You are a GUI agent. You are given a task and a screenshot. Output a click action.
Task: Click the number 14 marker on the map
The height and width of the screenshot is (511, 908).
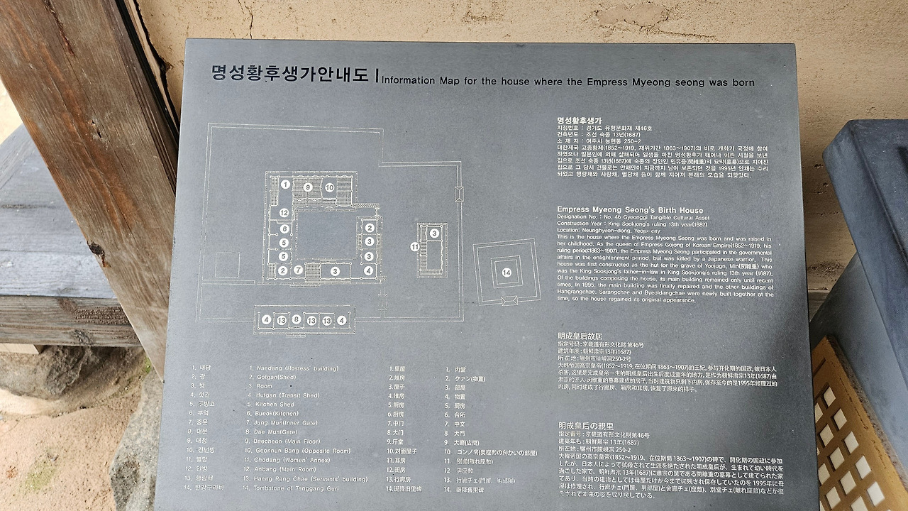click(506, 272)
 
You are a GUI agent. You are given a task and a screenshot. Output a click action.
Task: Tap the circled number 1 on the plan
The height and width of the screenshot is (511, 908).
click(284, 185)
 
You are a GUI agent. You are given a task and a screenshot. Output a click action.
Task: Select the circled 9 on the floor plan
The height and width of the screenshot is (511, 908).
click(307, 187)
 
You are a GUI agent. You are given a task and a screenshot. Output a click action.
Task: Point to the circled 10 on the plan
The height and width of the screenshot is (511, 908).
click(330, 187)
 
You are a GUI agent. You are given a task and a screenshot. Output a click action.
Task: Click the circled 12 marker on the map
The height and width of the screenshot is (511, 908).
click(284, 212)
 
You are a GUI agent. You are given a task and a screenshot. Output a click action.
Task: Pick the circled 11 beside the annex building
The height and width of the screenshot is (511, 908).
click(415, 246)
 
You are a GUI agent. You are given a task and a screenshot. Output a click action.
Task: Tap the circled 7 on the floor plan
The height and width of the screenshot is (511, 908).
click(299, 270)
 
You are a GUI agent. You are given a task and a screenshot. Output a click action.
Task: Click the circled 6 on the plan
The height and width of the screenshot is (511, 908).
click(284, 229)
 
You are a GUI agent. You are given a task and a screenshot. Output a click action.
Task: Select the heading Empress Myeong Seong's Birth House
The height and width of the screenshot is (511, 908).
click(629, 210)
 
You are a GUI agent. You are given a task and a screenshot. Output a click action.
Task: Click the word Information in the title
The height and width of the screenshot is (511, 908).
click(411, 81)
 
